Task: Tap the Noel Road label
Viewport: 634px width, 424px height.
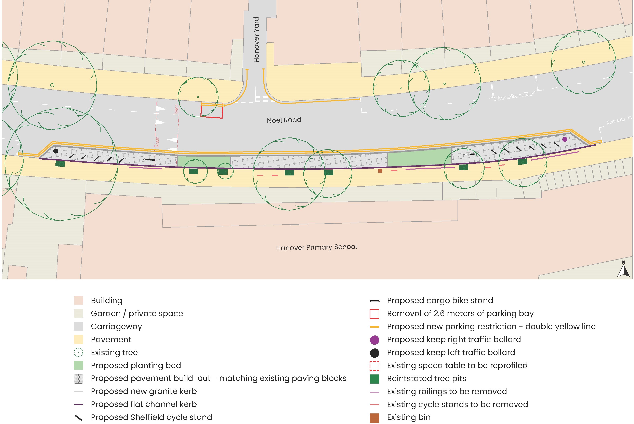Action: click(x=284, y=120)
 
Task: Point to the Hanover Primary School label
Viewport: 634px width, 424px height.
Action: click(x=316, y=247)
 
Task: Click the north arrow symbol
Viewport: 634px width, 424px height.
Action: click(x=623, y=269)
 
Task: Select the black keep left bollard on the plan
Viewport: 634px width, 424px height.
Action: click(x=56, y=151)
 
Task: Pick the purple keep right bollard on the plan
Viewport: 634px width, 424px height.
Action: click(x=565, y=139)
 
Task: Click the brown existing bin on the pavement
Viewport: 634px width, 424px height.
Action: click(x=380, y=171)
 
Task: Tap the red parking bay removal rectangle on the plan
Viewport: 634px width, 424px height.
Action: click(x=212, y=111)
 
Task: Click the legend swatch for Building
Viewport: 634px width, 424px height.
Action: click(x=78, y=300)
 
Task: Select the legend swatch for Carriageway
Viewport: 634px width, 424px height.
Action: click(x=78, y=326)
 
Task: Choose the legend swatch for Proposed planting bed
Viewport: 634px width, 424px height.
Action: click(x=78, y=365)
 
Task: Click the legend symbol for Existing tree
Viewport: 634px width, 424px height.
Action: click(x=78, y=352)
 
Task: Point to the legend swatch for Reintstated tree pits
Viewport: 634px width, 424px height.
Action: click(x=374, y=379)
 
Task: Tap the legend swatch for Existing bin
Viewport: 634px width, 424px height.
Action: click(x=374, y=418)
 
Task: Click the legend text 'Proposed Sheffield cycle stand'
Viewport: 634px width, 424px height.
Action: click(x=151, y=417)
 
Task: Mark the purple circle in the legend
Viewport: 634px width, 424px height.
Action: click(x=374, y=340)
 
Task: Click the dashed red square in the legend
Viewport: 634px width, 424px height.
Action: click(x=374, y=366)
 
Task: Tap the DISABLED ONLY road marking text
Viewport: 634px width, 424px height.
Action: click(x=514, y=97)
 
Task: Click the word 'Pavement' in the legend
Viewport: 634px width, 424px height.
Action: click(x=111, y=339)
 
